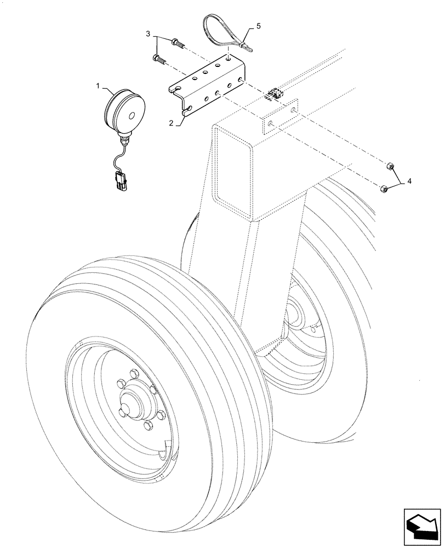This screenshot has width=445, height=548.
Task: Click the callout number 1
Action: (x=99, y=86)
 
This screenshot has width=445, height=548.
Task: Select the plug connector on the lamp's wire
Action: (x=120, y=181)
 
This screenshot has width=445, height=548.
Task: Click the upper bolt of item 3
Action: (x=178, y=42)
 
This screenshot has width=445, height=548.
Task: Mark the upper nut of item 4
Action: (x=390, y=166)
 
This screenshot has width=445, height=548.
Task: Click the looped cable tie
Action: (x=222, y=32)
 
